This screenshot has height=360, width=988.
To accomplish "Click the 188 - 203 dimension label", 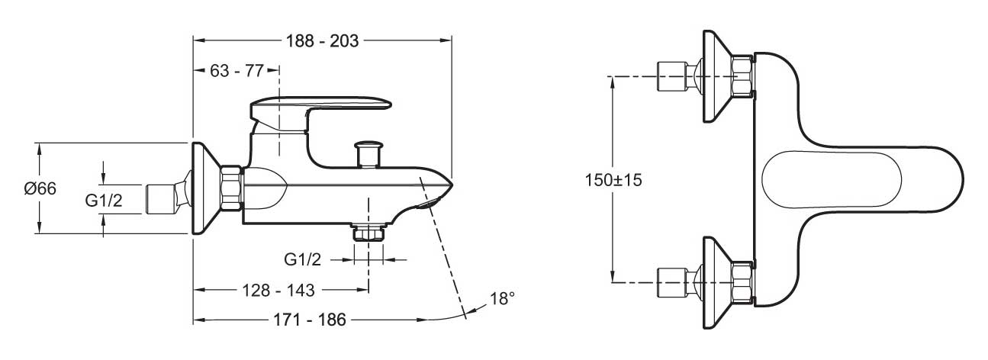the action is point(323,41).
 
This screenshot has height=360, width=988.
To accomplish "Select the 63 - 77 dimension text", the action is point(237,71).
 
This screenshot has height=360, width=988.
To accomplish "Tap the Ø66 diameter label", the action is point(40,188).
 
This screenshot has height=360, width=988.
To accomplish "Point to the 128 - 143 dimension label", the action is point(278,291).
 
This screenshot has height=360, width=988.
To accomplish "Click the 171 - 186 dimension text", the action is point(310,320).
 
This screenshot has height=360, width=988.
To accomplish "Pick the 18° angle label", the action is point(502,299).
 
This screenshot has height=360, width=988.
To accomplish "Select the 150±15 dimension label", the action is point(613,180).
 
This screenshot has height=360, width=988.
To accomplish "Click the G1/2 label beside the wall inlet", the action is point(104,201).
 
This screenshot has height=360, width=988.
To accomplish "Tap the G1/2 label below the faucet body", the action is point(303,259).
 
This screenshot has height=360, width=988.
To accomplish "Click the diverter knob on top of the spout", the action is point(368,154).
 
